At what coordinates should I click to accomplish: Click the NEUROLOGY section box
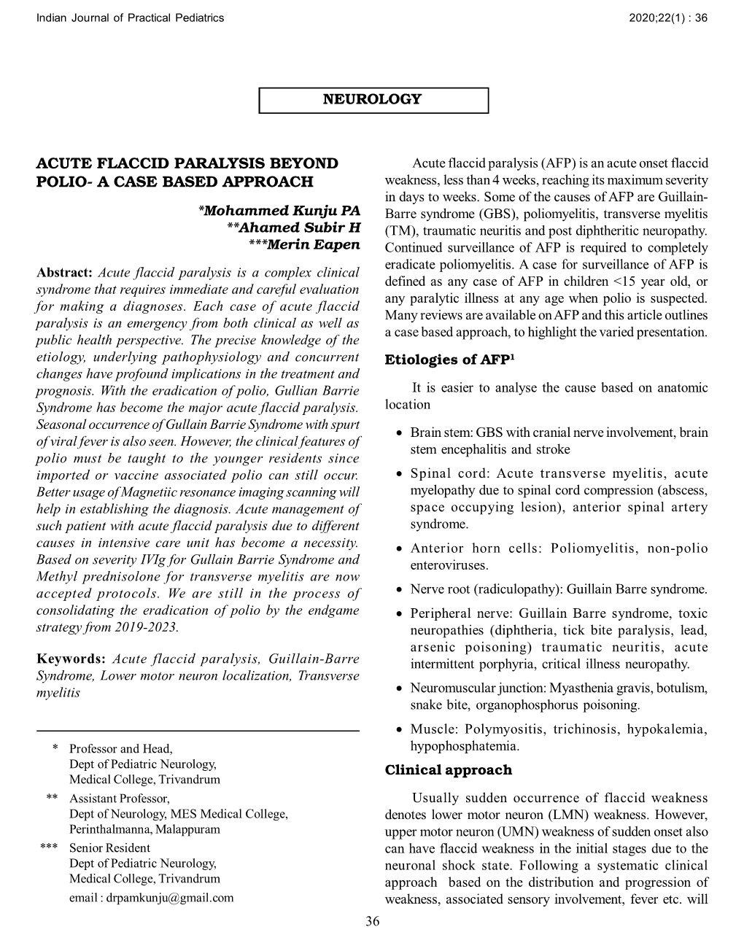(x=373, y=100)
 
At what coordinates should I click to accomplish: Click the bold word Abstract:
(x=64, y=273)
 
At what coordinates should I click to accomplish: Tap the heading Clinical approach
(x=449, y=770)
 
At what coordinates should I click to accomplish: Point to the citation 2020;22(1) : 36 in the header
(x=667, y=18)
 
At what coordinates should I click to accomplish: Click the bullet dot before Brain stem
(x=400, y=434)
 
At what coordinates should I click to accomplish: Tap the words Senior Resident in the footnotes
(x=109, y=847)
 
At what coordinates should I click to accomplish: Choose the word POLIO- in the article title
(x=63, y=182)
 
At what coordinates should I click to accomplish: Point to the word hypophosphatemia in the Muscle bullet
(x=465, y=746)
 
